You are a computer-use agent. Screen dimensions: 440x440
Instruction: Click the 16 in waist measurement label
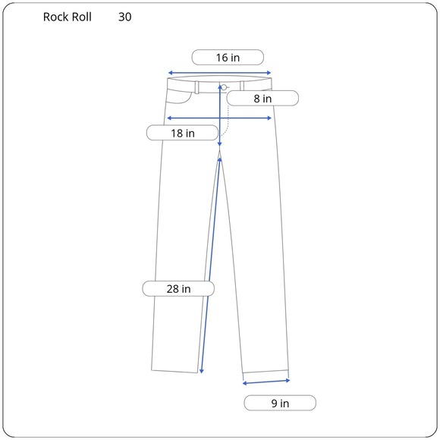click(x=228, y=58)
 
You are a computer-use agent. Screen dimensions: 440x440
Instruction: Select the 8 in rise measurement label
click(x=262, y=99)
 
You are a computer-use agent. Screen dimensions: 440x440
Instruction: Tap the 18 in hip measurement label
click(x=182, y=133)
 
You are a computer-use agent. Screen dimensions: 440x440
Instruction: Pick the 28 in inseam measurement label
click(x=178, y=289)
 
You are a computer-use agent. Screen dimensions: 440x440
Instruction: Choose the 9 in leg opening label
click(x=280, y=403)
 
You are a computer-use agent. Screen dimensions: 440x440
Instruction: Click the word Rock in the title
click(x=55, y=17)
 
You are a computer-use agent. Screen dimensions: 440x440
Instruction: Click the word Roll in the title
click(x=81, y=17)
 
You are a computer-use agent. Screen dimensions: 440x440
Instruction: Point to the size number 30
click(x=125, y=17)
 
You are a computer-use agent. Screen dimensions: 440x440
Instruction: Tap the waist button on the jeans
click(x=224, y=87)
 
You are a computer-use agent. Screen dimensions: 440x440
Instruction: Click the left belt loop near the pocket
click(x=197, y=87)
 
